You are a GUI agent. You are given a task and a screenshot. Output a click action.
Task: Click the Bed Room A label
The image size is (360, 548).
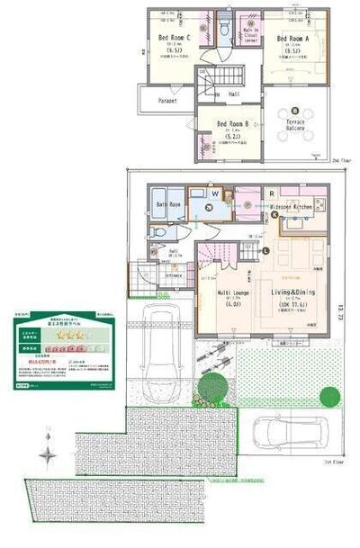[x=293, y=40]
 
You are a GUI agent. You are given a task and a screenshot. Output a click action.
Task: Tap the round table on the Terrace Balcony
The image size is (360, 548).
[x=296, y=111]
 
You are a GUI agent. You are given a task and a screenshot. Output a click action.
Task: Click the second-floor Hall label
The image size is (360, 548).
[x=233, y=94]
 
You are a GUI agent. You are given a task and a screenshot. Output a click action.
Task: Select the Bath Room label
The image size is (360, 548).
[x=170, y=205]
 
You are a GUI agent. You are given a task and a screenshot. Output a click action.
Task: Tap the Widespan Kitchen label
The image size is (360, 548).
[x=291, y=206]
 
